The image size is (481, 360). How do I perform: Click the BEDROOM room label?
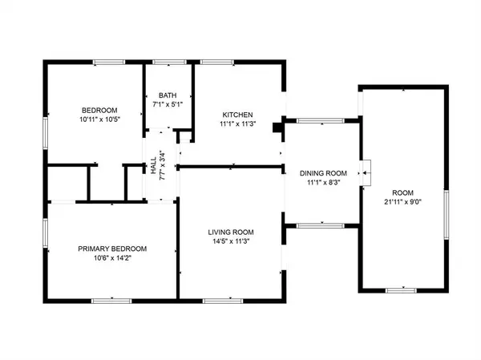click(x=100, y=110)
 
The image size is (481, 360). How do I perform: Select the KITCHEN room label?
click(x=238, y=114)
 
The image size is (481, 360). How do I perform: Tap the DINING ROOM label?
click(x=323, y=173)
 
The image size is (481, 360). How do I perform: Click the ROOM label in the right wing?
click(x=403, y=192)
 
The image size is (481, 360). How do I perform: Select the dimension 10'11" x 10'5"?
click(x=100, y=120)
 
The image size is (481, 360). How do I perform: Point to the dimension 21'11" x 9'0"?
click(x=403, y=203)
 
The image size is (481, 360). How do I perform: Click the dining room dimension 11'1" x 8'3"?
click(x=323, y=184)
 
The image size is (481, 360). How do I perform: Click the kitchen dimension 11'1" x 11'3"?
click(x=238, y=124)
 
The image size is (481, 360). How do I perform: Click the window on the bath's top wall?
click(x=167, y=62)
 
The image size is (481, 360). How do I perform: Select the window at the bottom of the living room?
click(x=217, y=300)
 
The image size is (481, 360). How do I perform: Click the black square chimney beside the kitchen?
click(x=277, y=125)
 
